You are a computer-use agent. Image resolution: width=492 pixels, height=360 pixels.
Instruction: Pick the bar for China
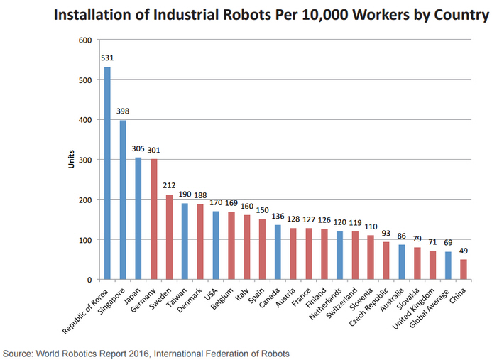tap(464, 269)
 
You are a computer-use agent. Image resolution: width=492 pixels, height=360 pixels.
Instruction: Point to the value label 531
tap(107, 59)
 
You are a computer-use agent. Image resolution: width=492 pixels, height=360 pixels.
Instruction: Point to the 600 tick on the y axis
tap(84, 40)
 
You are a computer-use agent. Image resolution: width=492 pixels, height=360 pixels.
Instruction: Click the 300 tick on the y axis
tap(84, 160)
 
